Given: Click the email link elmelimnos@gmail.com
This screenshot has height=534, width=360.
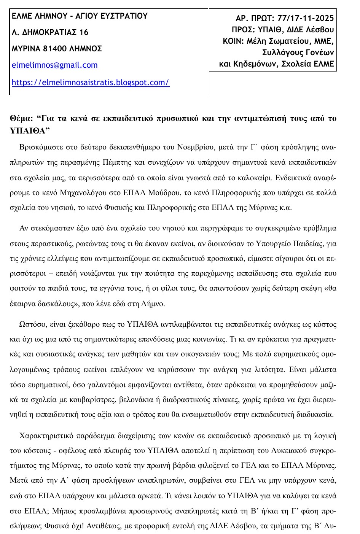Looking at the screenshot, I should click(x=54, y=65).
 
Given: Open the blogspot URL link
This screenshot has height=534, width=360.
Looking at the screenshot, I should click(x=90, y=82).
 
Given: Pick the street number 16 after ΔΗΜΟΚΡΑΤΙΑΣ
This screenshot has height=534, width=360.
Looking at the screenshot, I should click(x=84, y=32).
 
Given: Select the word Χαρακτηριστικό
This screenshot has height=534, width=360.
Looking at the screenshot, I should click(x=45, y=435).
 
